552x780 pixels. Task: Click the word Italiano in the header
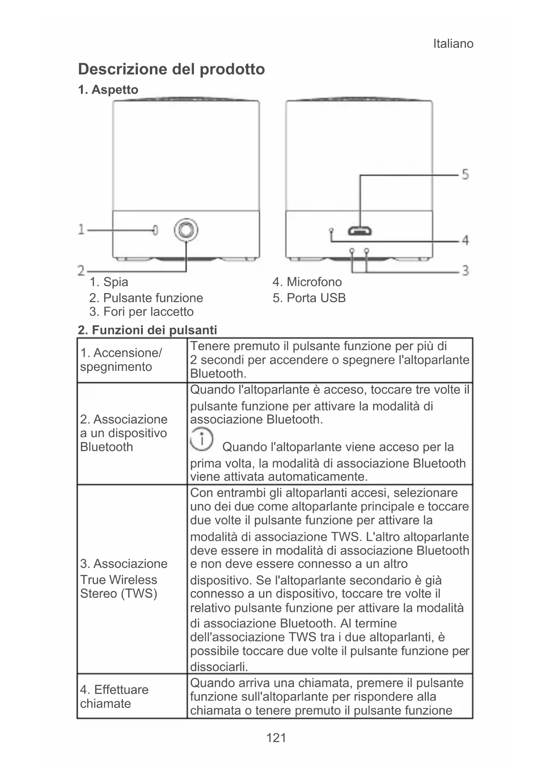click(x=453, y=44)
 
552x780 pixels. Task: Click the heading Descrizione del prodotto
click(x=171, y=69)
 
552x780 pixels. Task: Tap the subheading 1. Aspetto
click(x=108, y=90)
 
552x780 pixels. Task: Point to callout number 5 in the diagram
click(x=465, y=174)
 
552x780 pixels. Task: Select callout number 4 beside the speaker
click(x=465, y=241)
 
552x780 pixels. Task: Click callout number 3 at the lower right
click(x=465, y=270)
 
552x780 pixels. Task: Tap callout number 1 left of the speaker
click(x=81, y=229)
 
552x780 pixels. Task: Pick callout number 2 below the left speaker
click(x=81, y=270)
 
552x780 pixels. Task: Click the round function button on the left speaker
click(x=186, y=230)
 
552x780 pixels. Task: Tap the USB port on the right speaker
click(x=360, y=231)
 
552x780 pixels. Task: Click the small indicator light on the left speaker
click(x=155, y=230)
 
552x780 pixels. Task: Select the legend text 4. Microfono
click(x=307, y=282)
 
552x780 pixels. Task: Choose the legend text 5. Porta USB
click(x=309, y=298)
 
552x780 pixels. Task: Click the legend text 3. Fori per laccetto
click(x=141, y=312)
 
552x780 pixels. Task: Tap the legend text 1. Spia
click(x=109, y=282)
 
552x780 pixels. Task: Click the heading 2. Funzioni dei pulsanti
click(x=147, y=330)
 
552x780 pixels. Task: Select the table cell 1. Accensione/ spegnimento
click(x=121, y=360)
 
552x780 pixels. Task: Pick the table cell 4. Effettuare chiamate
click(x=114, y=696)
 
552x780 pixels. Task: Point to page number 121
click(x=276, y=738)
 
